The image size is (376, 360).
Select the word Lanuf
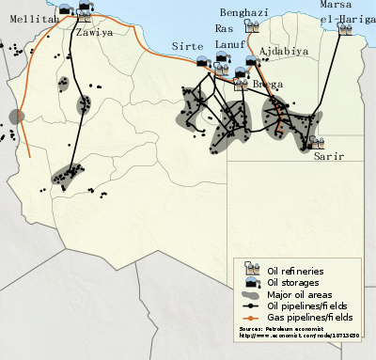[x=231, y=42]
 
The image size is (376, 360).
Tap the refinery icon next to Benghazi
[x=252, y=27]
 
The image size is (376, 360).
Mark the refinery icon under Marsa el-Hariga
[x=345, y=30]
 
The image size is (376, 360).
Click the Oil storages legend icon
[x=251, y=282]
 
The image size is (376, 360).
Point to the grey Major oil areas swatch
[x=251, y=293]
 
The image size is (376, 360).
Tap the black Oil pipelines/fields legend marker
[x=251, y=305]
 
